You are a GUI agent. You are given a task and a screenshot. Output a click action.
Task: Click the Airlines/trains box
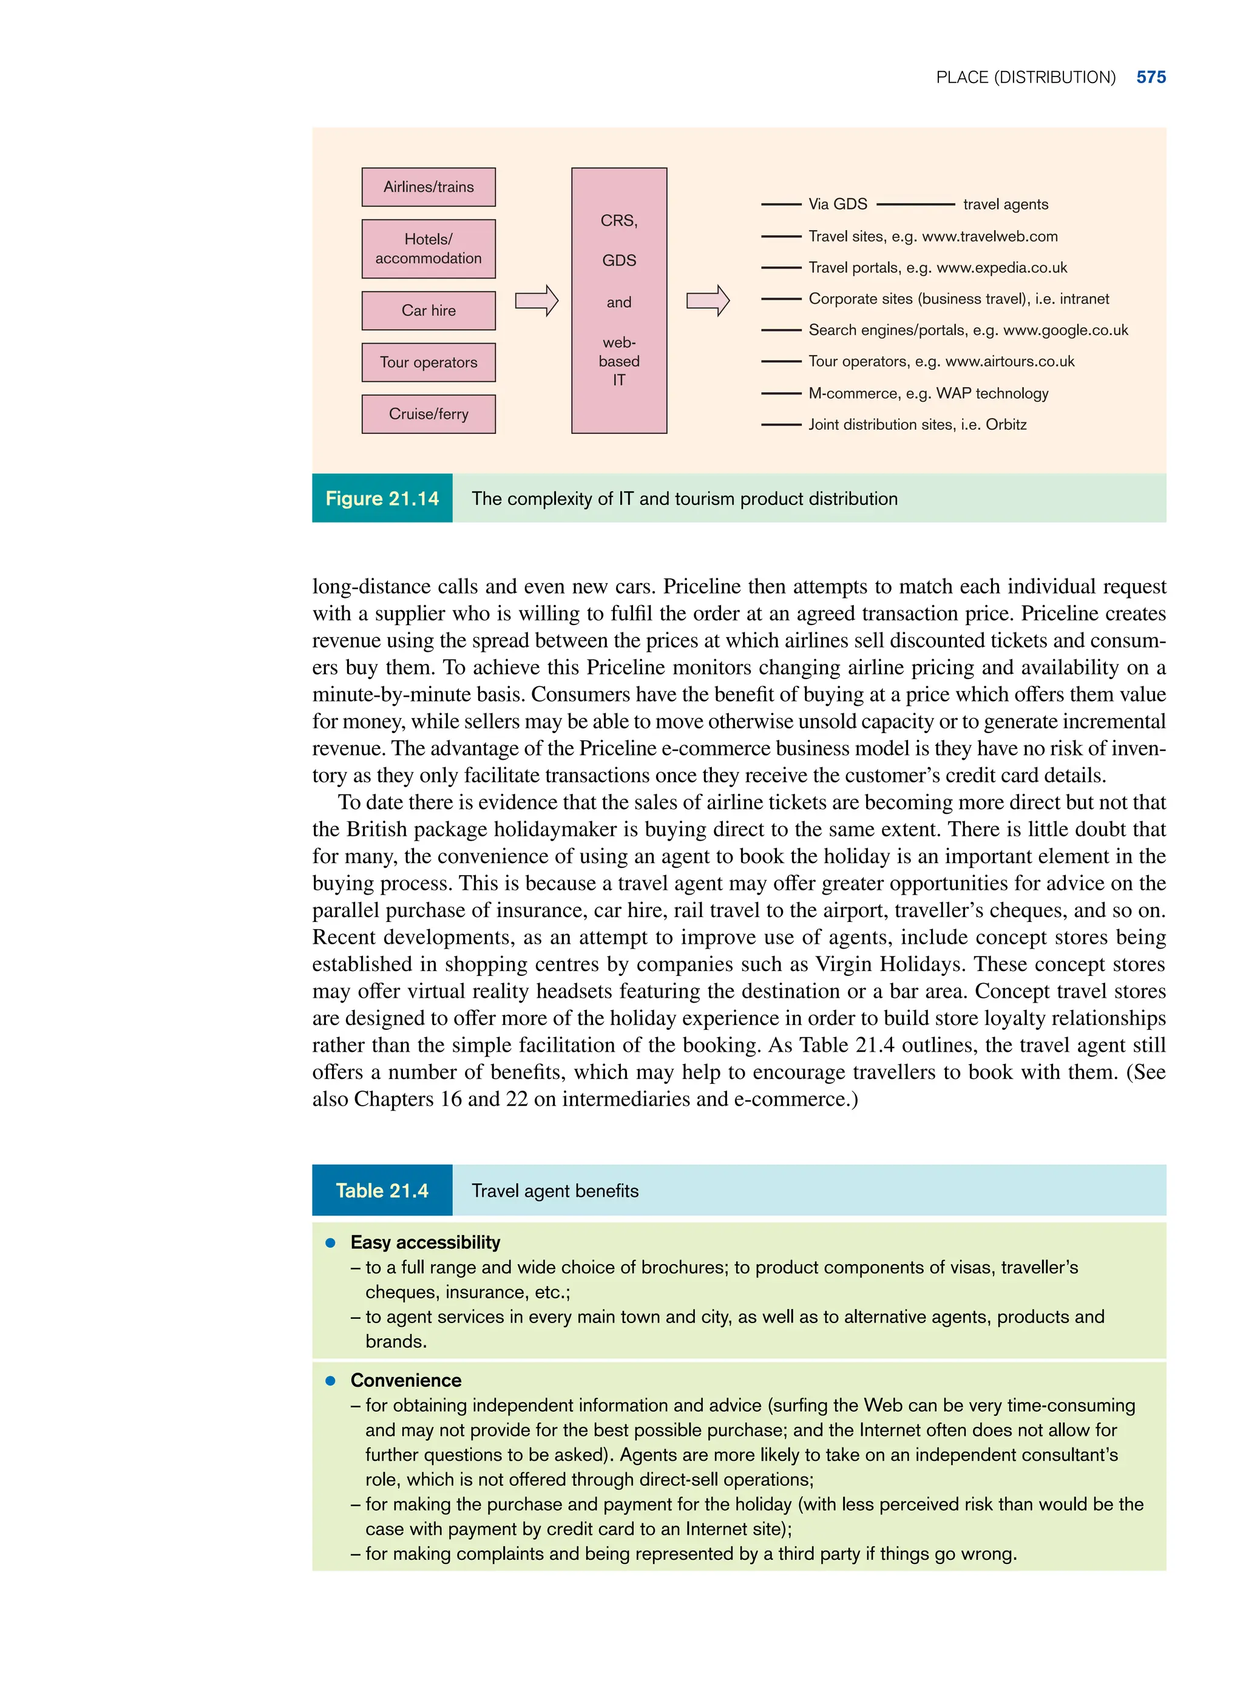click(x=428, y=186)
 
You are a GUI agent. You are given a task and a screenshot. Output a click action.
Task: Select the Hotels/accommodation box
click(x=428, y=248)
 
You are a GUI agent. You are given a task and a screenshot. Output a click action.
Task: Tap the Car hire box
click(x=428, y=310)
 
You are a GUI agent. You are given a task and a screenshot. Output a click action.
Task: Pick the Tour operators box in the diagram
click(x=428, y=362)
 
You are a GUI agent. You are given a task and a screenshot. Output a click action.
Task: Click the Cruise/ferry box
click(x=428, y=414)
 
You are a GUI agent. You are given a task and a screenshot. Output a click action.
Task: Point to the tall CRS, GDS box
click(x=618, y=300)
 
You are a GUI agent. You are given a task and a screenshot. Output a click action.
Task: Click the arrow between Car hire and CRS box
click(x=537, y=301)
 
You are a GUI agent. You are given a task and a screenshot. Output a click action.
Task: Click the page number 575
click(x=1151, y=78)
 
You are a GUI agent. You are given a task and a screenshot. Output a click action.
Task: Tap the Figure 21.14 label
click(x=382, y=498)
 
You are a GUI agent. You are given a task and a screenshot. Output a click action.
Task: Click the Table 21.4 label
click(x=382, y=1190)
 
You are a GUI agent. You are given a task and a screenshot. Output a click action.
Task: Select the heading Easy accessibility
click(x=425, y=1242)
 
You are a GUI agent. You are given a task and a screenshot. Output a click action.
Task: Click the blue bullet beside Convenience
click(x=330, y=1381)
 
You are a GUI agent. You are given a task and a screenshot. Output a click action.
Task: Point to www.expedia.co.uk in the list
click(x=1001, y=268)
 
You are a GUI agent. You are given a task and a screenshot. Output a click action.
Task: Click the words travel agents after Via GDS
click(x=1005, y=205)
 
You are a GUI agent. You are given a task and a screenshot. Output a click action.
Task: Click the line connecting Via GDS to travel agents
click(x=915, y=204)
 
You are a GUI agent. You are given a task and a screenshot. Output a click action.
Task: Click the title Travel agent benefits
click(x=555, y=1190)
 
